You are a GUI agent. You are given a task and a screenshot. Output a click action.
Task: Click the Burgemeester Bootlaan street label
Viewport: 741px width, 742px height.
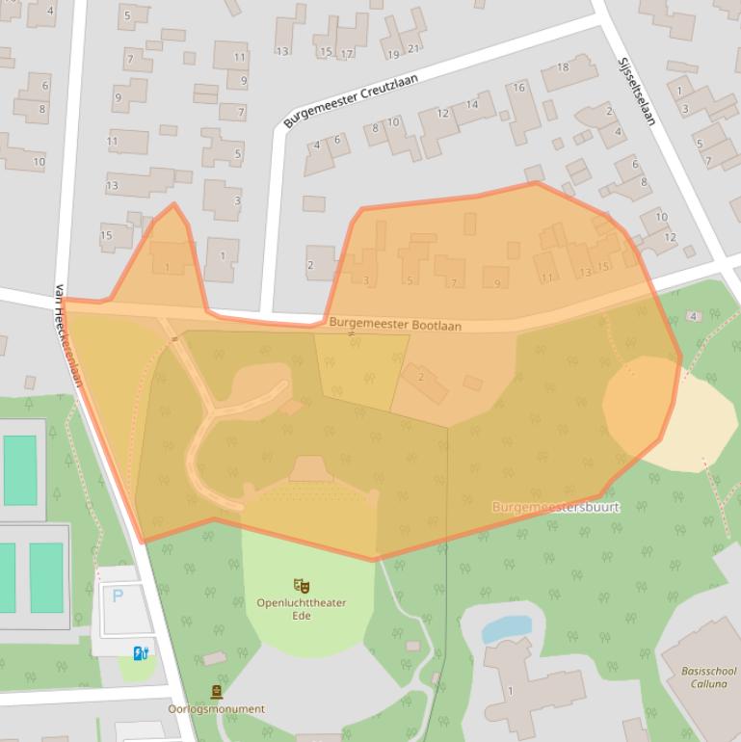tap(395, 326)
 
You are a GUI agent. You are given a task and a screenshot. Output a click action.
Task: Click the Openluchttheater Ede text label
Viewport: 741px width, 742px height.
tap(301, 609)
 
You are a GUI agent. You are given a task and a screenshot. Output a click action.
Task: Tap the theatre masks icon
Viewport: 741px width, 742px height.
tap(301, 585)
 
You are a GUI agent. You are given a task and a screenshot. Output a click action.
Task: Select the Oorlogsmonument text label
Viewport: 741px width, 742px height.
tap(216, 709)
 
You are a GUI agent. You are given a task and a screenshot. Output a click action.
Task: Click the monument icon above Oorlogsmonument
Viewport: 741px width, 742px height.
tap(216, 692)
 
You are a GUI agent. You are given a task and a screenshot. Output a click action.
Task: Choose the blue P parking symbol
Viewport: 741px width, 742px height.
tap(118, 596)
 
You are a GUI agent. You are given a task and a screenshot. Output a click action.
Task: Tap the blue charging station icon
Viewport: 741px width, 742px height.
tap(141, 653)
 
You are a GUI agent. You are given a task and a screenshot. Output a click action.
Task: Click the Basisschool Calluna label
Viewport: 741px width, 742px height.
tap(708, 677)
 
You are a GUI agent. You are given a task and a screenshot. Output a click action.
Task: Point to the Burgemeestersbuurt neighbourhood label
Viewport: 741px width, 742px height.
tap(556, 507)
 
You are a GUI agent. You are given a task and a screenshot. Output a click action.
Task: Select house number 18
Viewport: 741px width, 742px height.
tap(563, 67)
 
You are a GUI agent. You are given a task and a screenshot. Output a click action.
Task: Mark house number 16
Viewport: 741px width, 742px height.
tap(519, 88)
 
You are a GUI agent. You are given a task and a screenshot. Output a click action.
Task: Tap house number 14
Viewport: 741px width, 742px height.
tap(471, 104)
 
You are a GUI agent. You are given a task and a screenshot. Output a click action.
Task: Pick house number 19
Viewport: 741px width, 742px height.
tap(393, 55)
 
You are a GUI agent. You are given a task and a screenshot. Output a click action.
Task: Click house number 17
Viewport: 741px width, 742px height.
tap(346, 53)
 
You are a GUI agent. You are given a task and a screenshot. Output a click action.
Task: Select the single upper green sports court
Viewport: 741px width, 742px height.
tap(19, 469)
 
